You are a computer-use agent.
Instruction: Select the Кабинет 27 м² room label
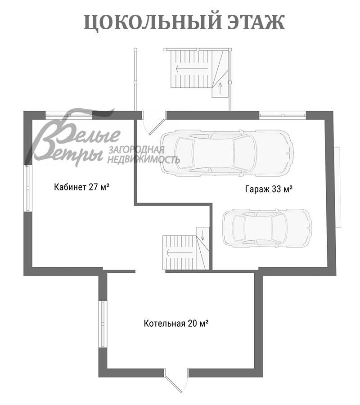pos(82,187)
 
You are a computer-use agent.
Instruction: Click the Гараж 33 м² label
pos(269,189)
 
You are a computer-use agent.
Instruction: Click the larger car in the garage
pos(227,152)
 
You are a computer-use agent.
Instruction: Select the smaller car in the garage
pos(267,227)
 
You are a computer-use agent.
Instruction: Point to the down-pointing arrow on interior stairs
pos(202,234)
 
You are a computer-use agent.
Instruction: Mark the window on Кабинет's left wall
pos(27,188)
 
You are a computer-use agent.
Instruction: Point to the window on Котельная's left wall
pos(103,324)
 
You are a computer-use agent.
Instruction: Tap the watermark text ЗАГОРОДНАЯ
pos(135,150)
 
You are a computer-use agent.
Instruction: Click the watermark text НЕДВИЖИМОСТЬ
pos(144,159)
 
